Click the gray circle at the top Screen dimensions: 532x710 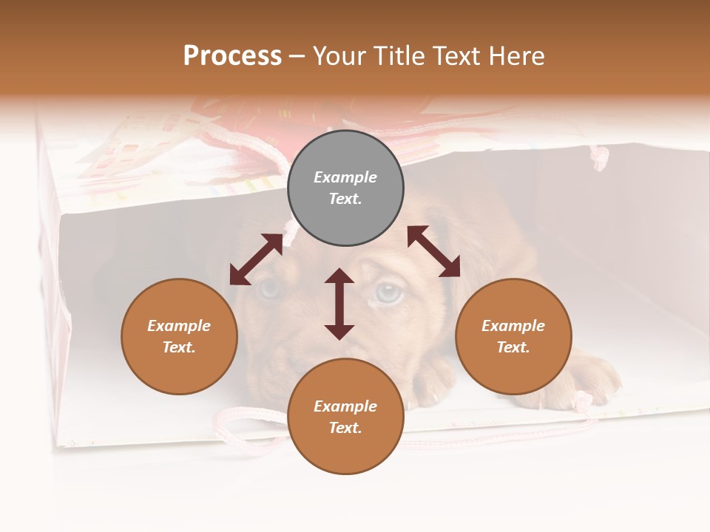(x=345, y=188)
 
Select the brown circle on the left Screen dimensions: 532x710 (x=179, y=336)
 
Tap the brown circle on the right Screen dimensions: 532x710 (x=513, y=336)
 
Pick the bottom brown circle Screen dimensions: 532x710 (x=345, y=417)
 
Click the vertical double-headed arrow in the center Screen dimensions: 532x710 (x=339, y=304)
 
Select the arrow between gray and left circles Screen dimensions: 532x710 (x=257, y=259)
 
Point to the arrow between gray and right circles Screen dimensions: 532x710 (x=433, y=251)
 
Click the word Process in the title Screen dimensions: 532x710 (x=232, y=55)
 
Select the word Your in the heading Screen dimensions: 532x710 (x=340, y=55)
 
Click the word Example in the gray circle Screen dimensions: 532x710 (x=345, y=177)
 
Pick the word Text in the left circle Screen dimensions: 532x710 (x=179, y=347)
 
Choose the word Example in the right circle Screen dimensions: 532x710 (x=513, y=326)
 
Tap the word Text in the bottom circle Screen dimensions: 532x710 (x=345, y=428)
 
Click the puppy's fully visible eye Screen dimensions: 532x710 (x=389, y=292)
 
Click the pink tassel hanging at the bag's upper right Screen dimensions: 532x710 (x=600, y=157)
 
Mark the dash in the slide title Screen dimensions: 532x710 (x=297, y=55)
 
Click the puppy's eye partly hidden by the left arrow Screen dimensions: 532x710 (x=269, y=288)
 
